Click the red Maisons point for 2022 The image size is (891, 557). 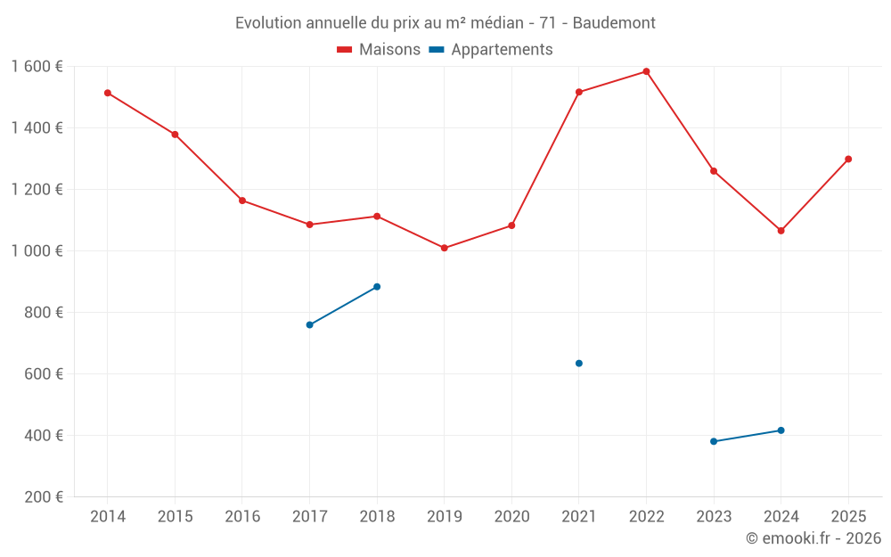(x=646, y=71)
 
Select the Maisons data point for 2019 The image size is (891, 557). (x=445, y=248)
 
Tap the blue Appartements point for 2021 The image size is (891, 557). (x=579, y=364)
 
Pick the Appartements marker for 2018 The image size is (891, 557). (x=377, y=287)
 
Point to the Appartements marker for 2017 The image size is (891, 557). (x=309, y=324)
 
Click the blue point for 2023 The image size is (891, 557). (x=714, y=441)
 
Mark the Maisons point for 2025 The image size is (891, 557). (x=848, y=159)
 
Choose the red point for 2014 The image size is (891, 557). (x=108, y=93)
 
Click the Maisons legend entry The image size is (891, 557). (x=379, y=50)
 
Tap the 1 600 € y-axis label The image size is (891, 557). (x=37, y=67)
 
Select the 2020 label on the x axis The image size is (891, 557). (x=511, y=517)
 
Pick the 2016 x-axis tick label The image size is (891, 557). (x=242, y=517)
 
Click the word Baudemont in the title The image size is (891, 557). (x=614, y=23)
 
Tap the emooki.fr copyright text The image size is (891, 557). (x=813, y=538)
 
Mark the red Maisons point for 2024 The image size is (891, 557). (x=781, y=231)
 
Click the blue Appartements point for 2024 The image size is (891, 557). (x=781, y=430)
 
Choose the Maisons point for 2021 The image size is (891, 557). (x=579, y=92)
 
